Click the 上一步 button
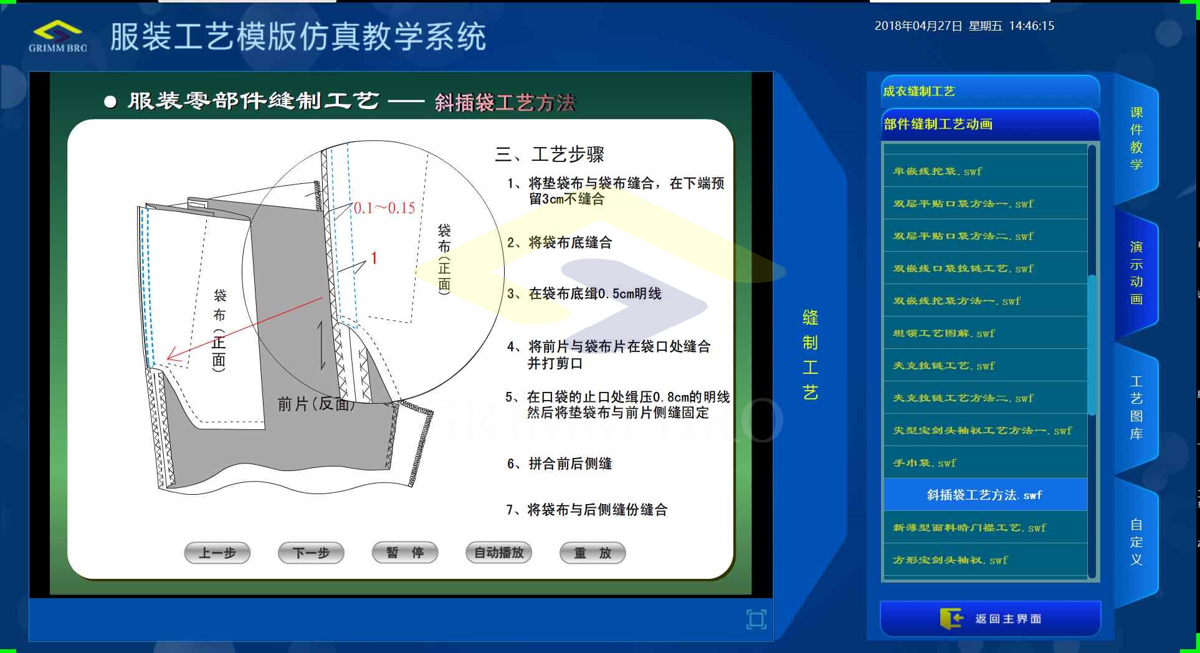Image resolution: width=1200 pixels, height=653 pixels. (x=217, y=553)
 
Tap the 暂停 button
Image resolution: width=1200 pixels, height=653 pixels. (x=405, y=553)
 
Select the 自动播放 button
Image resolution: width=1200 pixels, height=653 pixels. (x=498, y=553)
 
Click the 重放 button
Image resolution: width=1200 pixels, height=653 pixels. (x=593, y=553)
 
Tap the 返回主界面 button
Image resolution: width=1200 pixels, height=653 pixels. (x=990, y=619)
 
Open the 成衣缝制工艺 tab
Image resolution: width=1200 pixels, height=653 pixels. (x=990, y=92)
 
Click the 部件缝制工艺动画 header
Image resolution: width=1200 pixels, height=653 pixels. (x=990, y=124)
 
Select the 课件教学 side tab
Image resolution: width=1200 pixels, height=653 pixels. (x=1136, y=138)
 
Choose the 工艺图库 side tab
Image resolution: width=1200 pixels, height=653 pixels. (x=1136, y=408)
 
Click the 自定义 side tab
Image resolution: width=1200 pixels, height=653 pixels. (x=1136, y=542)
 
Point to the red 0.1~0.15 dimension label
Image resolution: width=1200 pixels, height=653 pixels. (x=384, y=208)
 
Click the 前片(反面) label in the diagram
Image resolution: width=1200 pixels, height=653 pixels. (x=317, y=404)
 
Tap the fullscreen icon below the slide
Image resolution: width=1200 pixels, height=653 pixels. (x=756, y=619)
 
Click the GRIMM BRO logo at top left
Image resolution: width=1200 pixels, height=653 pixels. (x=58, y=37)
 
